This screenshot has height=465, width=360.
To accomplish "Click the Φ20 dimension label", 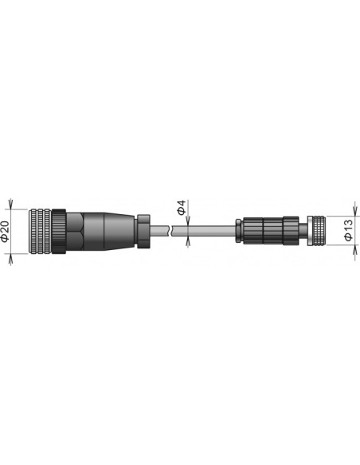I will point(7,232).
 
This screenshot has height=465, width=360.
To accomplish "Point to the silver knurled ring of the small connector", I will point(316,231).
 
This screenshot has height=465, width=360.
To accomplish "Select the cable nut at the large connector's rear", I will point(143,231).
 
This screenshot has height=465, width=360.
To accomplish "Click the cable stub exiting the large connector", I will point(159,232).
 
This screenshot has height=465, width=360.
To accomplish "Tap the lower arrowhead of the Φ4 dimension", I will point(185,240).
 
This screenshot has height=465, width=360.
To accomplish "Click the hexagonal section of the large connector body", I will point(76,232).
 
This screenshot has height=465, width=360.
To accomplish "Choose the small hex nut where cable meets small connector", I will point(238,231).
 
